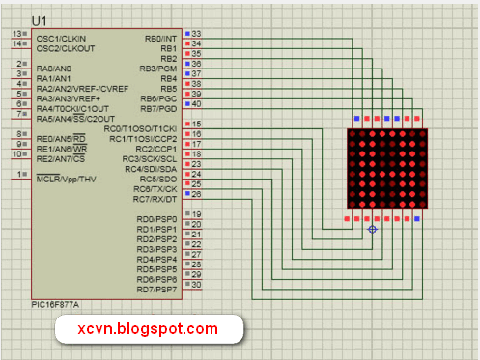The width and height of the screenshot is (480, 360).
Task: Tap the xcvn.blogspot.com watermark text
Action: (149, 330)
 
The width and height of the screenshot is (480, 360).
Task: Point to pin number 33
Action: (197, 34)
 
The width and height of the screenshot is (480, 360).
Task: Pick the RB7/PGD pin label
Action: (159, 108)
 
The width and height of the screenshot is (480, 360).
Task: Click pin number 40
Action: (197, 103)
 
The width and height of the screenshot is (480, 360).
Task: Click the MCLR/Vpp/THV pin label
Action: (66, 180)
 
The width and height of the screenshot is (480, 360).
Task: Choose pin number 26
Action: (197, 194)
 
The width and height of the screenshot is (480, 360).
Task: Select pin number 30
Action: (197, 284)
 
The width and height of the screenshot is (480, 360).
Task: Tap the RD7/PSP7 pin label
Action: (156, 289)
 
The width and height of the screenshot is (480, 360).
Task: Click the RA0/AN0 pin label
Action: (53, 69)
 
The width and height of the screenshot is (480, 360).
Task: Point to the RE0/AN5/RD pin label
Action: (61, 139)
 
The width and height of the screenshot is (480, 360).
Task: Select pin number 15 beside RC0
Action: (197, 124)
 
